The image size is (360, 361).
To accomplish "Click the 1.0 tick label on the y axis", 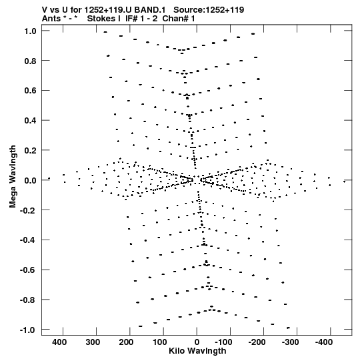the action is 31,31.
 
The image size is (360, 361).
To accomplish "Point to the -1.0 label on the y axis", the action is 28,330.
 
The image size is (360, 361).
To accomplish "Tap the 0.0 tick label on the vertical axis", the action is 31,180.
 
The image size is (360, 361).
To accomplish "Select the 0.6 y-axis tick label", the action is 31,91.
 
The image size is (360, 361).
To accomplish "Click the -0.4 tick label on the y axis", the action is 28,240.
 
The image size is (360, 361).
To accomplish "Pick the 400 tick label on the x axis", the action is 59,342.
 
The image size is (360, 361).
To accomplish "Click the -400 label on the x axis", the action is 324,342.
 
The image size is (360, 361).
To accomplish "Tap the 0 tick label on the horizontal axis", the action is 197,342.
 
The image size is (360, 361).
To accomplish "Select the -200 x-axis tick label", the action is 257,342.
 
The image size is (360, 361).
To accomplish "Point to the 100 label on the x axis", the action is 160,342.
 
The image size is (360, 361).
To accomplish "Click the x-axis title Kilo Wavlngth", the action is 197,351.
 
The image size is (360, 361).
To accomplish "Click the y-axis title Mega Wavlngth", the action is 13,177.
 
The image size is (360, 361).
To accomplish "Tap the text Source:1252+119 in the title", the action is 209,10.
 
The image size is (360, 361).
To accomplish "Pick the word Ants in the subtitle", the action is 51,19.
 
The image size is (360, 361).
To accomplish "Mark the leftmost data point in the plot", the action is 49,178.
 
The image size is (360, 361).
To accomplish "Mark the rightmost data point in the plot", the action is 345,182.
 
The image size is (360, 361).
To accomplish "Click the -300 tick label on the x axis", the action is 291,342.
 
